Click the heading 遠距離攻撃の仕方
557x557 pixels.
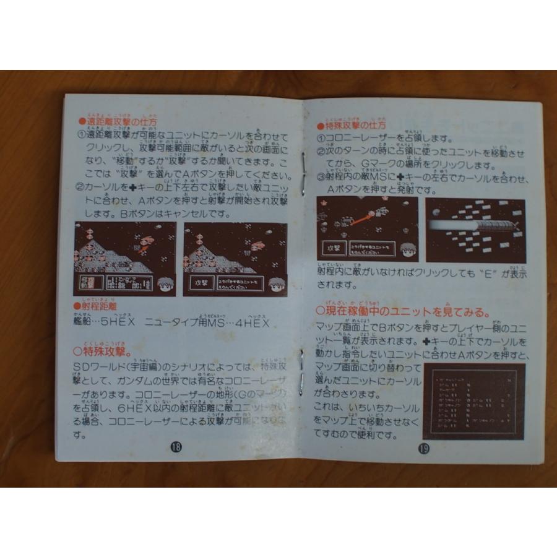pos(118,122)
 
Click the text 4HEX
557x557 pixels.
pos(254,323)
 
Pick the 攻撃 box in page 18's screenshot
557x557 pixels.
pos(198,282)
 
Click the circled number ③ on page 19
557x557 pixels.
pos(321,177)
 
